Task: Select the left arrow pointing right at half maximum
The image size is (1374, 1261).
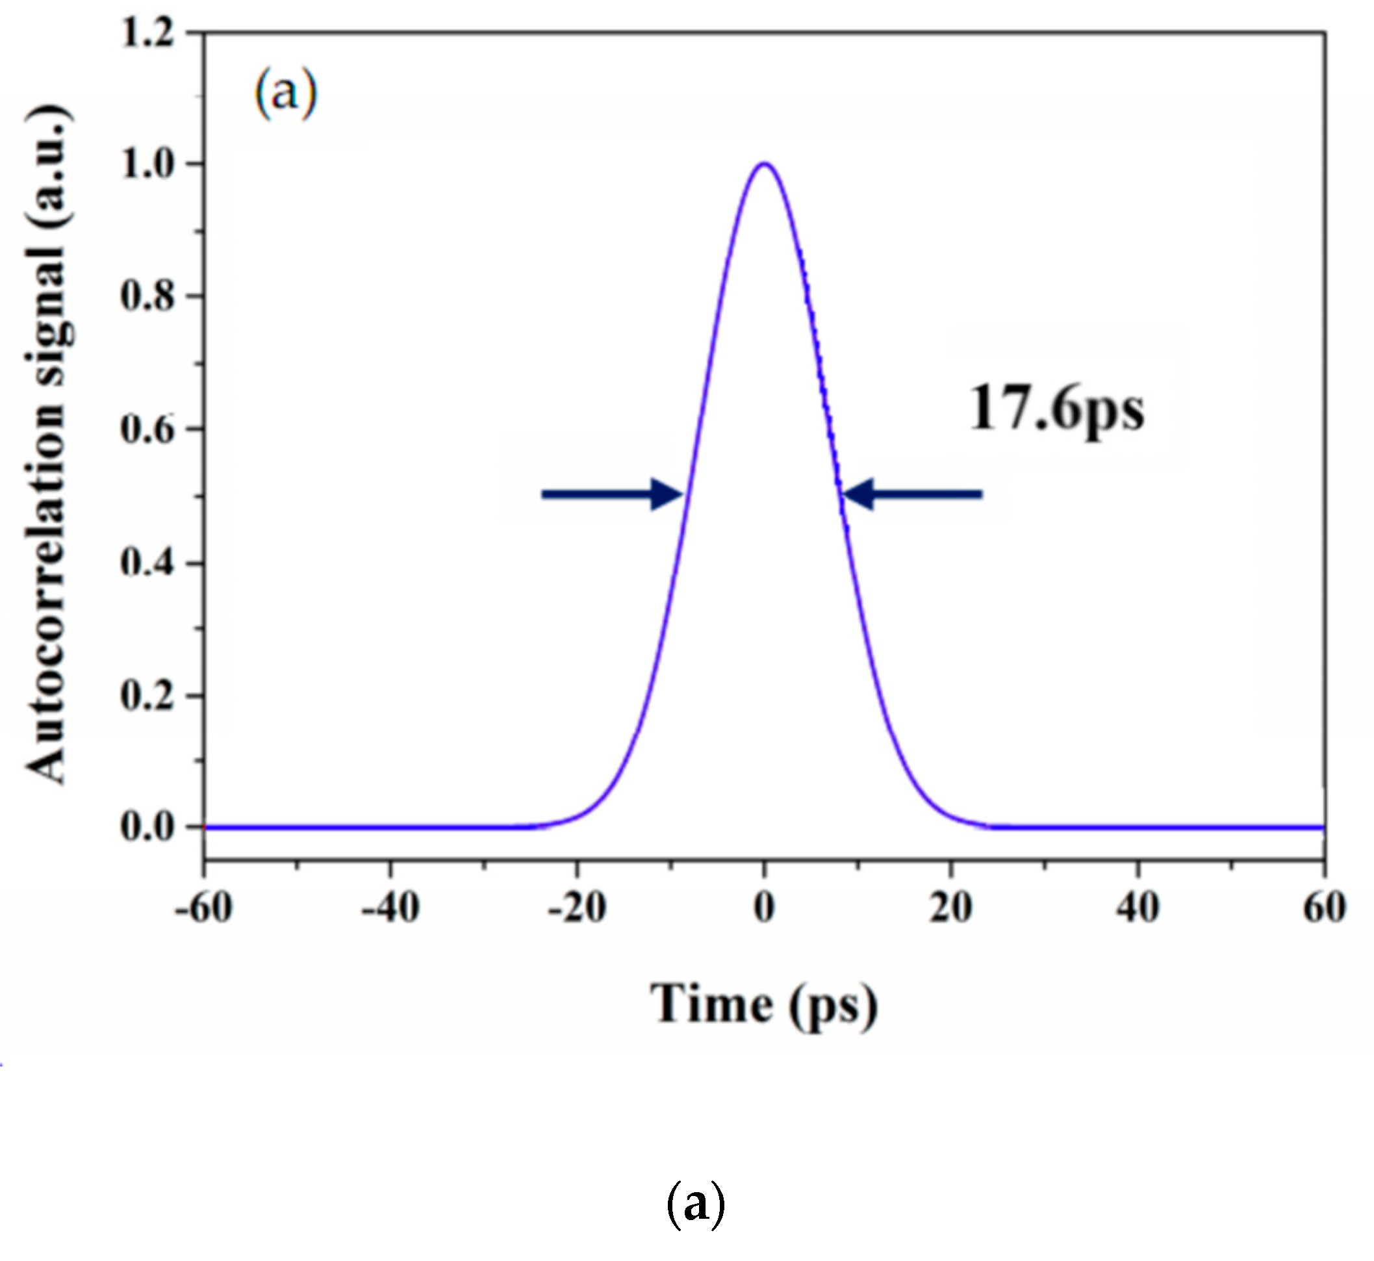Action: click(611, 494)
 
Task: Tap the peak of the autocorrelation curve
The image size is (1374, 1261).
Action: click(765, 164)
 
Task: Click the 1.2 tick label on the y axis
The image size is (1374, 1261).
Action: click(147, 32)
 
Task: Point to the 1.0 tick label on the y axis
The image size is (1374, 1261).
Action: click(147, 164)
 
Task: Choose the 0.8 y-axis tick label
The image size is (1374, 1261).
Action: click(147, 296)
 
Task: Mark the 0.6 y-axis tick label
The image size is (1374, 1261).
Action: click(147, 429)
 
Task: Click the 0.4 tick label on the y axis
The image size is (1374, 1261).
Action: click(147, 563)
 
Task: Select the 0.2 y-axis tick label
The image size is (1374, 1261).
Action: click(147, 696)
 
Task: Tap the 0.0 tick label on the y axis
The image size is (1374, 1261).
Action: click(147, 826)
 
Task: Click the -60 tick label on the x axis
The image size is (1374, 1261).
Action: click(204, 908)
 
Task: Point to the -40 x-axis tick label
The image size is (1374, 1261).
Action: click(390, 908)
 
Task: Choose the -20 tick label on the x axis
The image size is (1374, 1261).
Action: click(577, 908)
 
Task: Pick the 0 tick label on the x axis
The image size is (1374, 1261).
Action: click(765, 908)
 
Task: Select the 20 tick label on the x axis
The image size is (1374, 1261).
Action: click(951, 908)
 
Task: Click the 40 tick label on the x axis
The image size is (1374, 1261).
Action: click(1138, 908)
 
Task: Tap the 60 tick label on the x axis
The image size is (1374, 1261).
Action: click(1324, 908)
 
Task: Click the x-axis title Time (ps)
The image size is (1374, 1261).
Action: click(763, 1005)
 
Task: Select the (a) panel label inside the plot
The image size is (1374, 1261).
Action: click(286, 94)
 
